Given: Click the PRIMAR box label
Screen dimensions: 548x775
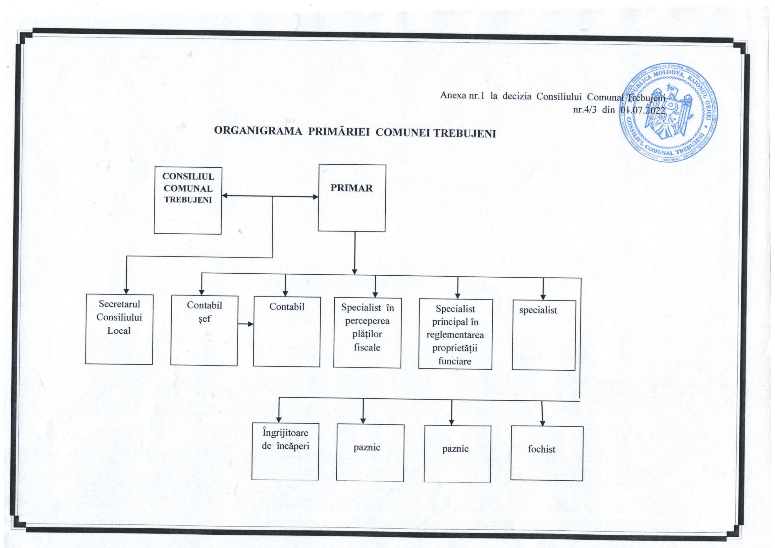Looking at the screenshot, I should pos(351,188).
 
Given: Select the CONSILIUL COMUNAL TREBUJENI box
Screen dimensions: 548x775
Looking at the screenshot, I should pos(188,200).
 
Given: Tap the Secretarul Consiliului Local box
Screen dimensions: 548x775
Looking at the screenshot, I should pos(119,329).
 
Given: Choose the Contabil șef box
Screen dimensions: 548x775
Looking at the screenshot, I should pos(204,330).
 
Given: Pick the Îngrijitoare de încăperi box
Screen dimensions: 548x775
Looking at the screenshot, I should pos(285,451).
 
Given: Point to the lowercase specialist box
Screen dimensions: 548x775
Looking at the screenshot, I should pos(543,335).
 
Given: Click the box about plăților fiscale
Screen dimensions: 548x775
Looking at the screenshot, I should pos(367,333).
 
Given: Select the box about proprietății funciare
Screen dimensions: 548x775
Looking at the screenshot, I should pos(455,334).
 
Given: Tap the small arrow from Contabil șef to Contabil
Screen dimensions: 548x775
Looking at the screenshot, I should pos(246,324).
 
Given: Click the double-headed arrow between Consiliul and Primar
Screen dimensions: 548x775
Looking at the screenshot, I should pos(270,196).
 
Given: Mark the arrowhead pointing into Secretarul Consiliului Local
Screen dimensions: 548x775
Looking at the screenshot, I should pos(126,291).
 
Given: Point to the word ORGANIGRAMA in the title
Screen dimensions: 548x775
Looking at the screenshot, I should pos(258,131).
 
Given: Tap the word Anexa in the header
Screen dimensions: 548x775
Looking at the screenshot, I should pos(453,95).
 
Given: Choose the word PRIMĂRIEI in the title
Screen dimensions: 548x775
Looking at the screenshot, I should pos(339,132).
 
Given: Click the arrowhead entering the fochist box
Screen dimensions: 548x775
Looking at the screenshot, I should pos(543,423).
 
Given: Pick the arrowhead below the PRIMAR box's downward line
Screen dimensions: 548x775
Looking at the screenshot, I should pos(355,271).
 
